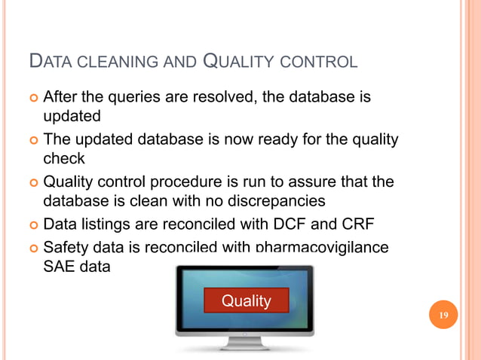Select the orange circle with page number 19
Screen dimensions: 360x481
pos(443,315)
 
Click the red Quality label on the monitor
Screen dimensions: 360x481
pos(246,301)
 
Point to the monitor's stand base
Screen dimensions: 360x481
pos(244,345)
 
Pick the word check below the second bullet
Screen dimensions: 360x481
pos(64,160)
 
